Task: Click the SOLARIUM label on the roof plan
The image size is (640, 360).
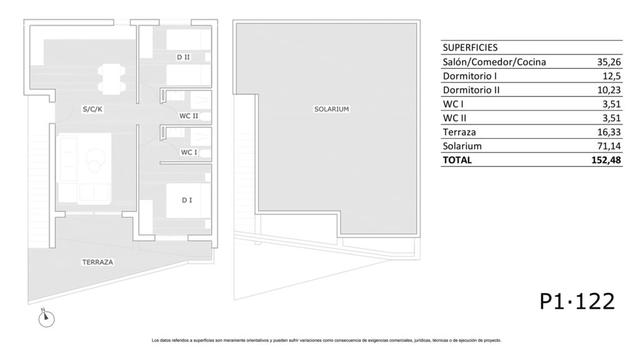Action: pyautogui.click(x=331, y=109)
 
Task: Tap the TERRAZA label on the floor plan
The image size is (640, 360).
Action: pyautogui.click(x=97, y=262)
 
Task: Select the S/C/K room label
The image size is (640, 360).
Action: pyautogui.click(x=92, y=109)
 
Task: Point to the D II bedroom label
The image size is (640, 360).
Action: pyautogui.click(x=183, y=57)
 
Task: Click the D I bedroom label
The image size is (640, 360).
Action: pyautogui.click(x=187, y=200)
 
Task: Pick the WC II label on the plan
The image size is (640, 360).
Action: pyautogui.click(x=189, y=116)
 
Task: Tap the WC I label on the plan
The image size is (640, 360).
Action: pyautogui.click(x=189, y=152)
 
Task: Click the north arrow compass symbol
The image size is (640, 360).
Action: pyautogui.click(x=46, y=317)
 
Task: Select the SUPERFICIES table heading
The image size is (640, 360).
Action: pyautogui.click(x=470, y=47)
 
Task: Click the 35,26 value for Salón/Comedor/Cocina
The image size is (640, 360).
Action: pyautogui.click(x=609, y=62)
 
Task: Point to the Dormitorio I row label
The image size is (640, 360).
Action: pyautogui.click(x=470, y=76)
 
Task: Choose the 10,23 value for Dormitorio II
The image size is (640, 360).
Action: pyautogui.click(x=609, y=90)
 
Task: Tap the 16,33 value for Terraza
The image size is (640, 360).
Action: pyautogui.click(x=609, y=132)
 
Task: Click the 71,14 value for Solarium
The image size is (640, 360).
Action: pyautogui.click(x=609, y=146)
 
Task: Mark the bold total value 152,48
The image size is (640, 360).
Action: pyautogui.click(x=606, y=160)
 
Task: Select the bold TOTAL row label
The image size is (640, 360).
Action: pyautogui.click(x=457, y=160)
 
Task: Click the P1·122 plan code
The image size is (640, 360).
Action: pyautogui.click(x=577, y=302)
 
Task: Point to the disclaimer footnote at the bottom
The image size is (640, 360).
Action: pyautogui.click(x=326, y=341)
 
